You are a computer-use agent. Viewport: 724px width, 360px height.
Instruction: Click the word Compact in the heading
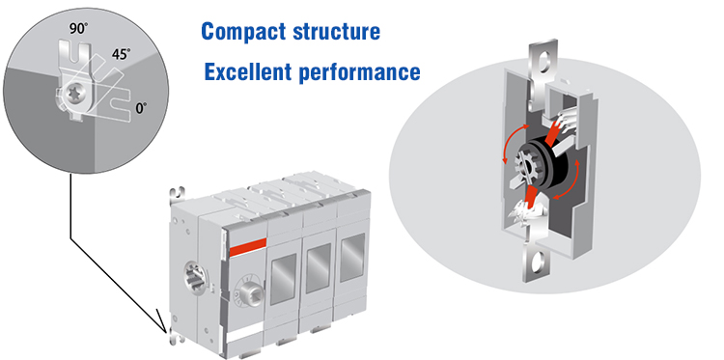[244, 32]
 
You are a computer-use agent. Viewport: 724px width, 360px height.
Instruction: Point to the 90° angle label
[77, 29]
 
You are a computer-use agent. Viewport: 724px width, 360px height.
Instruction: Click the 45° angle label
[121, 54]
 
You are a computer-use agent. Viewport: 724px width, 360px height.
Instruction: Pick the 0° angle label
[141, 108]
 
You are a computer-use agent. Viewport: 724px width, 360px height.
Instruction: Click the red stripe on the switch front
[247, 248]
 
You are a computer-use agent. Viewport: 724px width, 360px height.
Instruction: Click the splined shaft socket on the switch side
[193, 276]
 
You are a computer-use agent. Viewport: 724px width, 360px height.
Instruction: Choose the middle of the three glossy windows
[319, 267]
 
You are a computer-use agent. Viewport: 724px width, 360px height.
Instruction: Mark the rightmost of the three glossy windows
[351, 257]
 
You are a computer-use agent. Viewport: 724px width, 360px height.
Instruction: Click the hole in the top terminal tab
[543, 61]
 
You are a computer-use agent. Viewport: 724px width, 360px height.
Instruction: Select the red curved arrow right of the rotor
[569, 180]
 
